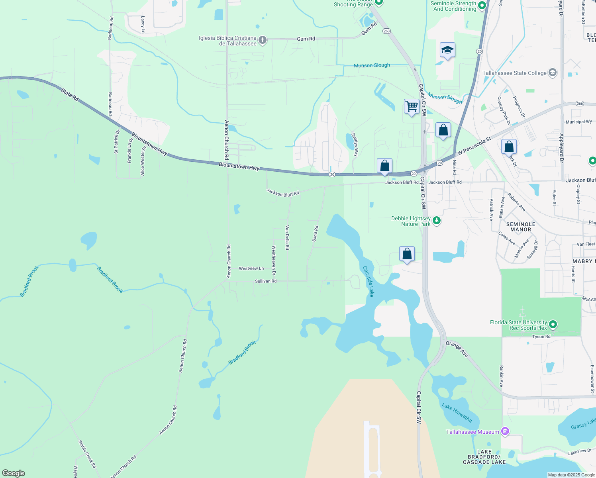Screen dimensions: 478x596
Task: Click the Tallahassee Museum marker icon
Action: pos(505,431)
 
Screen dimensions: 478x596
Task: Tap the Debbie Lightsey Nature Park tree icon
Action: pos(437,220)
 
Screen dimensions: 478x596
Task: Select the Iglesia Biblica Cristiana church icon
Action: pos(262,40)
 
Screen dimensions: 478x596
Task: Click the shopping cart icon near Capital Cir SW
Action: pos(412,106)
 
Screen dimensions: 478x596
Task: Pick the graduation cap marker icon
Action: pos(447,50)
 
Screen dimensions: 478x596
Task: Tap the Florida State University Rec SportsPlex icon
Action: pos(553,325)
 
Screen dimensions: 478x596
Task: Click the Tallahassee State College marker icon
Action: pos(552,72)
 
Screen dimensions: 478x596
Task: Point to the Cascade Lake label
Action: pos(369,281)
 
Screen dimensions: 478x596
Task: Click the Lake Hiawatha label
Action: pos(457,413)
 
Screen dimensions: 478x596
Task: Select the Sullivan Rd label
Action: pos(266,281)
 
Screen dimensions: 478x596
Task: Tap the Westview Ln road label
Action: pos(251,268)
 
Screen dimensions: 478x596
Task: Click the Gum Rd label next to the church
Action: pos(306,39)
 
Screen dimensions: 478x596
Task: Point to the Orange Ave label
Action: pos(457,349)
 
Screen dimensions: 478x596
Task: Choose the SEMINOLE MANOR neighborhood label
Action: pos(521,227)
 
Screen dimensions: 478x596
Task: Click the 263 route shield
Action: pos(386,31)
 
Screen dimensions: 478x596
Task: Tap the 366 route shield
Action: pos(580,104)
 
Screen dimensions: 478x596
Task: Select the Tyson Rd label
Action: pos(541,337)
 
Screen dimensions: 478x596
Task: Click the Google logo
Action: pos(14,473)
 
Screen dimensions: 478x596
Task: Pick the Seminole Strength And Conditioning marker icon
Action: pos(482,6)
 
